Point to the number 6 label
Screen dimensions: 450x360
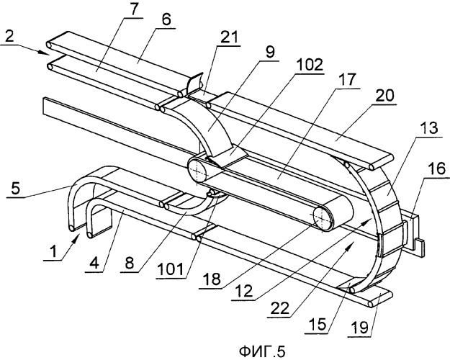pyautogui.click(x=166, y=20)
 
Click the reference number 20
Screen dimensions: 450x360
pyautogui.click(x=384, y=96)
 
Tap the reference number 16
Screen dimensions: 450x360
pyautogui.click(x=437, y=169)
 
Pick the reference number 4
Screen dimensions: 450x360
pyautogui.click(x=94, y=264)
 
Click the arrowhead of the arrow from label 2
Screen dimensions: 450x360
pyautogui.click(x=47, y=52)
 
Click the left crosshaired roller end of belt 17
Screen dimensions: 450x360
pyautogui.click(x=198, y=171)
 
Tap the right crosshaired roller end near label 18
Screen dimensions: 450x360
pyautogui.click(x=322, y=217)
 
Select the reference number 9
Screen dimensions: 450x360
pyautogui.click(x=271, y=53)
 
